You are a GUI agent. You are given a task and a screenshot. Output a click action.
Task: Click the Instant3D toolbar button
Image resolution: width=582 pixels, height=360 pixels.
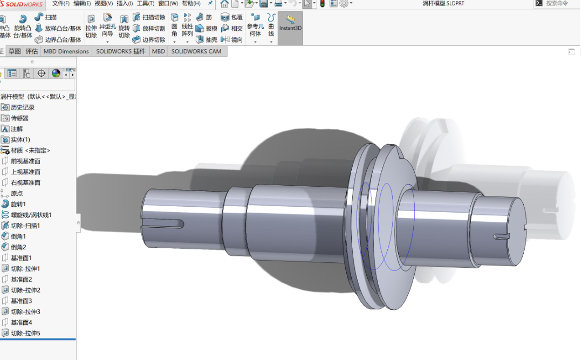tap(290, 24)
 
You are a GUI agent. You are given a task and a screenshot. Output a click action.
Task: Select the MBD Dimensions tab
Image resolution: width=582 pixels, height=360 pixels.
tap(66, 51)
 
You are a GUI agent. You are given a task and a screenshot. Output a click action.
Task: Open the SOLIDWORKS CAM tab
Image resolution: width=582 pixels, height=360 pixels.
tap(196, 51)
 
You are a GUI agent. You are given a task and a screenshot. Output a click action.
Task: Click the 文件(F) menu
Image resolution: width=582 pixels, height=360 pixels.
tap(61, 3)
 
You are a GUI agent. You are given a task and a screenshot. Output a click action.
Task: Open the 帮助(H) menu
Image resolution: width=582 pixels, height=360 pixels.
tap(191, 3)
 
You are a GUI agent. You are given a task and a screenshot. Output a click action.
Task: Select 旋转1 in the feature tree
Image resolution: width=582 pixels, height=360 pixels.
tap(18, 204)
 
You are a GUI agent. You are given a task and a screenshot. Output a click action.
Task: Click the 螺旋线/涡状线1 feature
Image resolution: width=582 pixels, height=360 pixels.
tap(31, 215)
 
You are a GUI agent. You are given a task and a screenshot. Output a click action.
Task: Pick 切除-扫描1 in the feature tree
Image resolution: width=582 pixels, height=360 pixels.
tap(25, 226)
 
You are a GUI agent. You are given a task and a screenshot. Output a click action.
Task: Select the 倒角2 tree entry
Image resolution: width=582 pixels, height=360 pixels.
tap(18, 247)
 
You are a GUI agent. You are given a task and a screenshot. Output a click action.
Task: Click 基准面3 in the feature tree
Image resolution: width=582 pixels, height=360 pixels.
tap(21, 301)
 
